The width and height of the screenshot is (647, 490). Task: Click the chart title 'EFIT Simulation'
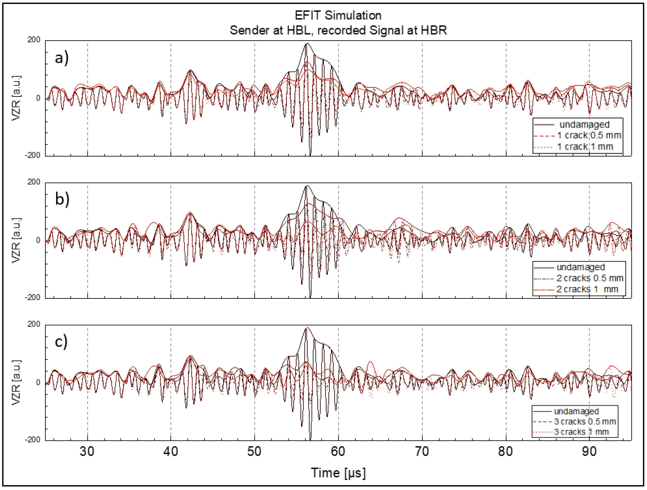click(x=338, y=15)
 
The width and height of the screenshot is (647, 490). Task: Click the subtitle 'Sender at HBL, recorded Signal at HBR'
click(x=338, y=30)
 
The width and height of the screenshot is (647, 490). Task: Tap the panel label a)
click(x=62, y=58)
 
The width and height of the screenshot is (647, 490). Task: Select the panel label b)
click(x=62, y=199)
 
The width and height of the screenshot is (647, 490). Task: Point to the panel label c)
click(x=61, y=341)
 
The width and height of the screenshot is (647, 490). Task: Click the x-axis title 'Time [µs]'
click(x=338, y=473)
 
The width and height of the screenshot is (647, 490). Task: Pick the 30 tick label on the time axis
click(x=87, y=451)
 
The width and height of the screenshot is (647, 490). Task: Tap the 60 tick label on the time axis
click(x=338, y=451)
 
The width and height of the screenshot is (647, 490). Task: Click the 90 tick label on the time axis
click(x=589, y=451)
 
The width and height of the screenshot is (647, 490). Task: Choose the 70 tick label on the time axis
click(x=422, y=451)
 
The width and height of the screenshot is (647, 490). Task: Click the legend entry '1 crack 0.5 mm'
click(x=589, y=135)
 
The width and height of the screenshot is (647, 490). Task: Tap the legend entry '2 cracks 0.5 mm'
click(x=590, y=278)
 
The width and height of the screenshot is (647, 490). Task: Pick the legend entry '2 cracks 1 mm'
click(x=587, y=289)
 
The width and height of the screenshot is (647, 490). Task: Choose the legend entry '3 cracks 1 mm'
click(x=582, y=432)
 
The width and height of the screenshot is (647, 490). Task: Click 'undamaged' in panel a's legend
click(x=584, y=124)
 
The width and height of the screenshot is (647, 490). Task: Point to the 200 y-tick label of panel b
click(x=34, y=182)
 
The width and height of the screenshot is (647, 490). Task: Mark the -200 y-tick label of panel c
click(x=32, y=440)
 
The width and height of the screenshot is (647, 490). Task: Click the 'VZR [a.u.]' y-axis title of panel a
click(x=16, y=98)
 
